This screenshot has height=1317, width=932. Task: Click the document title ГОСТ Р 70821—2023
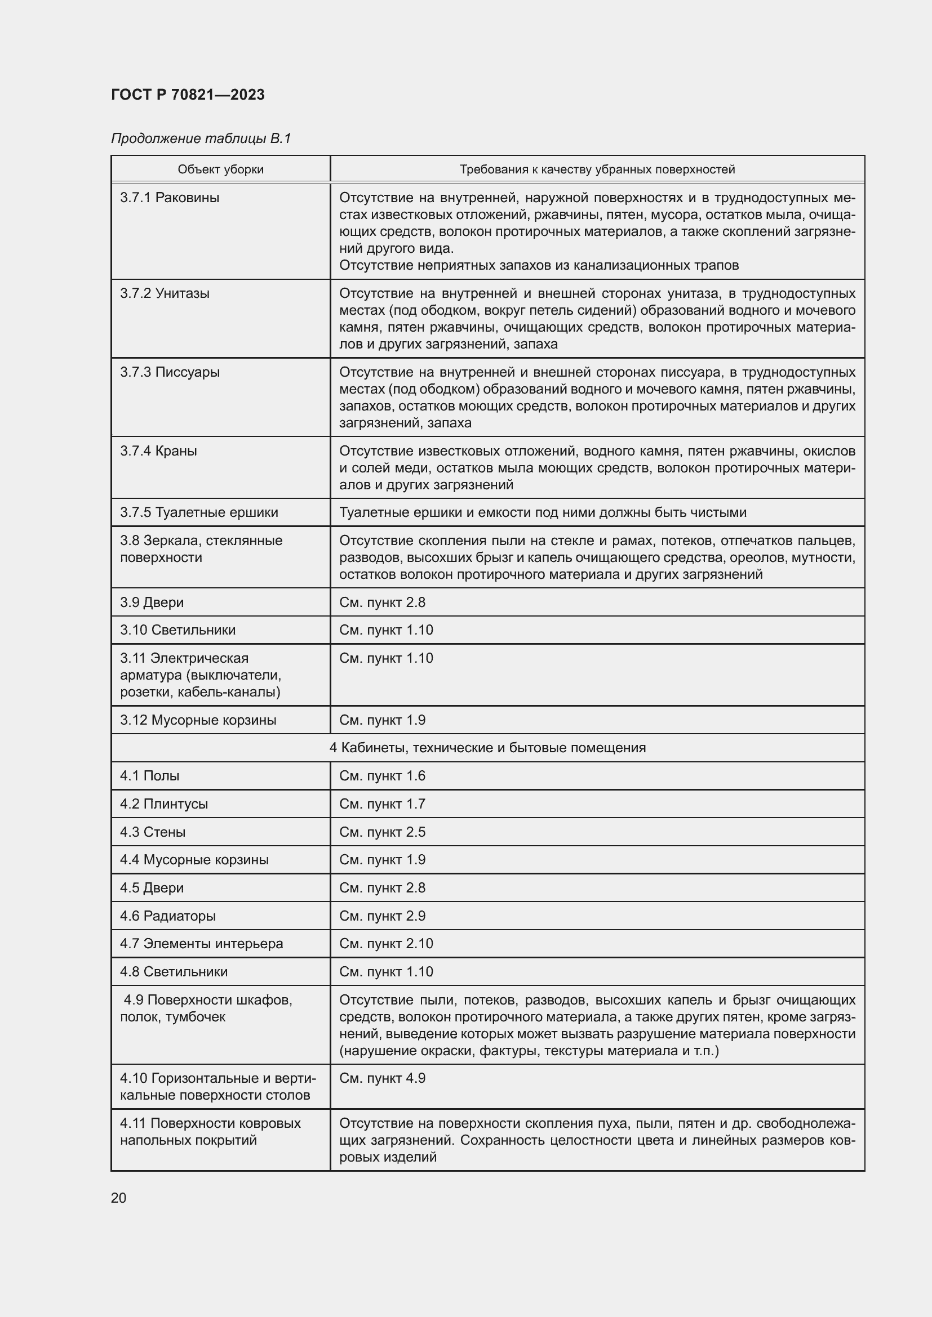[188, 95]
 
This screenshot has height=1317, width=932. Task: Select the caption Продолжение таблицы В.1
[201, 139]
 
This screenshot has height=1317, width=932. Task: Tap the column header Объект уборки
[220, 169]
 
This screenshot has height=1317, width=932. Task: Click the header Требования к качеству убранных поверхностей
[597, 169]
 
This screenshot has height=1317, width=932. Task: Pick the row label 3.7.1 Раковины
[169, 198]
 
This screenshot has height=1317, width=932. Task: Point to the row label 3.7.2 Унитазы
[165, 294]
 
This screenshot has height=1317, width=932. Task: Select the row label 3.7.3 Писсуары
[170, 372]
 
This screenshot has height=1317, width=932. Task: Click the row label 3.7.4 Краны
[158, 451]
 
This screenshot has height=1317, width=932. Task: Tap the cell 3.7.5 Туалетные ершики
[198, 512]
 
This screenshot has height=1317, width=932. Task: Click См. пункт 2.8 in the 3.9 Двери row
[382, 602]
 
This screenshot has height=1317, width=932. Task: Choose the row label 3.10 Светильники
[178, 630]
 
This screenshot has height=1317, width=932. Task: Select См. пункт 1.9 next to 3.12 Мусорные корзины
[382, 720]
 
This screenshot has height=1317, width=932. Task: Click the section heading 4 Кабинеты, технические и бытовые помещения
[487, 748]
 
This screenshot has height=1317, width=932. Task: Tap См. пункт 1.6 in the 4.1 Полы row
[382, 776]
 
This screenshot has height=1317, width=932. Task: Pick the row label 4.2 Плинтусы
[164, 803]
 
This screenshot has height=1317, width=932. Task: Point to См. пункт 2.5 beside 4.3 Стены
[382, 832]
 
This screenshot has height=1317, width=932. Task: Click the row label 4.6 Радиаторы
[167, 916]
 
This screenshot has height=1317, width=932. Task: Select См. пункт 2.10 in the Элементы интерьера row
[385, 944]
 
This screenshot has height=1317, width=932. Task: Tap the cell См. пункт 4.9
[382, 1078]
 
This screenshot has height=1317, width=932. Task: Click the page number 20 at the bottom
[119, 1198]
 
